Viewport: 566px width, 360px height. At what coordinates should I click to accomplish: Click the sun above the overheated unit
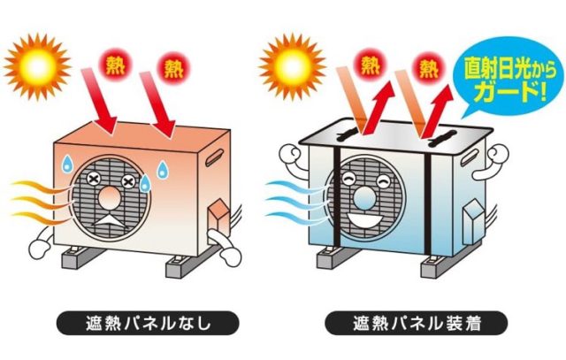pyautogui.click(x=37, y=67)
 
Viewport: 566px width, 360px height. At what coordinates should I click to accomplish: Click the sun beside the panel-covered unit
pyautogui.click(x=293, y=67)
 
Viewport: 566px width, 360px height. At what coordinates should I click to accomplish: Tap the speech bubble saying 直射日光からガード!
pyautogui.click(x=510, y=77)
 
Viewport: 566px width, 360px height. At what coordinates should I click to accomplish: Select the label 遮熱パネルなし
pyautogui.click(x=148, y=323)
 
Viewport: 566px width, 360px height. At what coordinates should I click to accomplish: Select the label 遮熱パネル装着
pyautogui.click(x=417, y=323)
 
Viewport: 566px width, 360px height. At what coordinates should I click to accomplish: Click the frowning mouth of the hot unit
pyautogui.click(x=110, y=220)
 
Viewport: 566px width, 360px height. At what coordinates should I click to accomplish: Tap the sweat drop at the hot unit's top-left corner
pyautogui.click(x=67, y=164)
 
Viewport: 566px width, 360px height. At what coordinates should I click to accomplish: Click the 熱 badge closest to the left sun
pyautogui.click(x=116, y=65)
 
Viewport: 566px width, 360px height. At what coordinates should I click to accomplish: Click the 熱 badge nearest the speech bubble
pyautogui.click(x=428, y=67)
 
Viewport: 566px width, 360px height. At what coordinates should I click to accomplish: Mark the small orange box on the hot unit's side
pyautogui.click(x=218, y=219)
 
